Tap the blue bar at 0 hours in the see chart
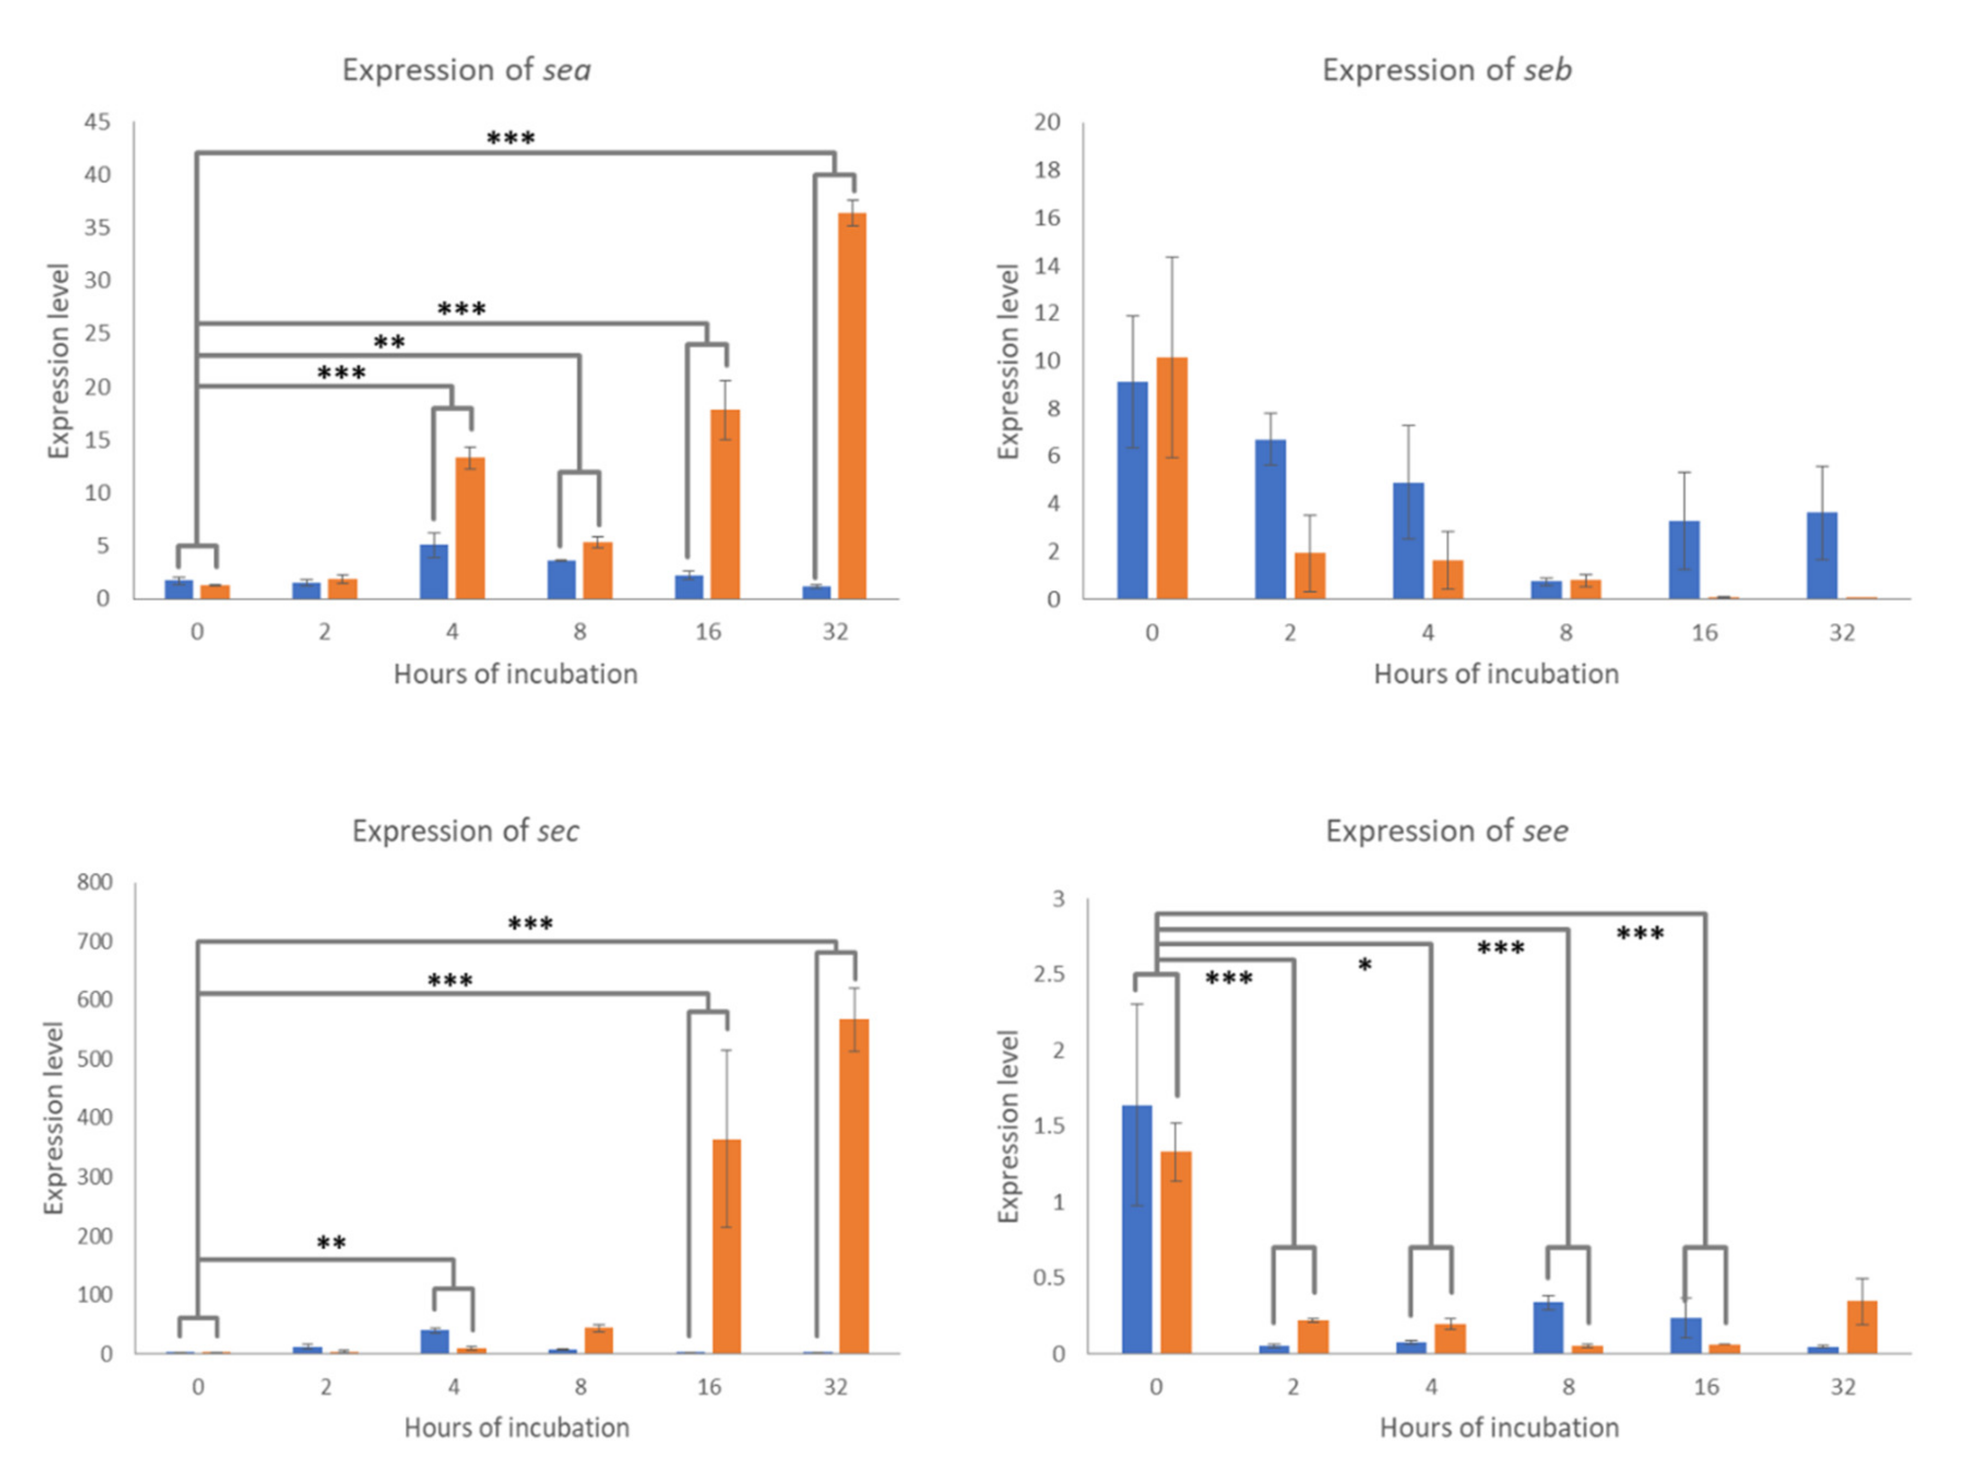[x=1137, y=1230]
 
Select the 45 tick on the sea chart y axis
[x=98, y=122]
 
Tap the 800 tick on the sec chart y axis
[x=95, y=882]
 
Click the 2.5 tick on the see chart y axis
[x=1049, y=975]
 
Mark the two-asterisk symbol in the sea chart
[x=389, y=342]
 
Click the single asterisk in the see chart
[x=1365, y=966]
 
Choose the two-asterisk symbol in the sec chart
[x=331, y=1243]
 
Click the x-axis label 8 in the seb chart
[x=1566, y=633]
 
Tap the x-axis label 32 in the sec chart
[x=835, y=1387]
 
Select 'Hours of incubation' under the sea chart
[x=515, y=674]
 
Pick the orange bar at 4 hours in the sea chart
[x=470, y=528]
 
